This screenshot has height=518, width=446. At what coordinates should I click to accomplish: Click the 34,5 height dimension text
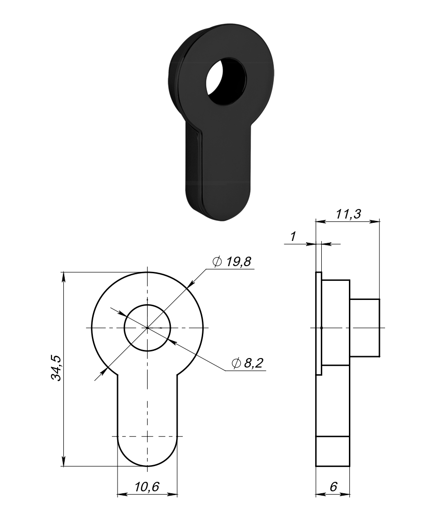point(56,369)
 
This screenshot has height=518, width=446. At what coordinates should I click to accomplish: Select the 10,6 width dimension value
point(147,486)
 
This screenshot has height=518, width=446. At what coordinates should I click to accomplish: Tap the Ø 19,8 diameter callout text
point(232,262)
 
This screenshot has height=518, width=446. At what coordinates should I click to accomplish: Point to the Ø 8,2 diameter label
point(248,363)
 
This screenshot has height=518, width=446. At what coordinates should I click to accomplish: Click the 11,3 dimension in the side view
point(348,214)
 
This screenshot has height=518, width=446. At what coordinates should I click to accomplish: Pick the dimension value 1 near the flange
point(293,236)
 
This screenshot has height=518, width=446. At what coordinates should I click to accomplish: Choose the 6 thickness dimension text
point(333,486)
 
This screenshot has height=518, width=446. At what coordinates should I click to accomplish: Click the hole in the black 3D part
point(226,81)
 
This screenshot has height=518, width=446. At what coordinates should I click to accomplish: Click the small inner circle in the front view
point(148,305)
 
